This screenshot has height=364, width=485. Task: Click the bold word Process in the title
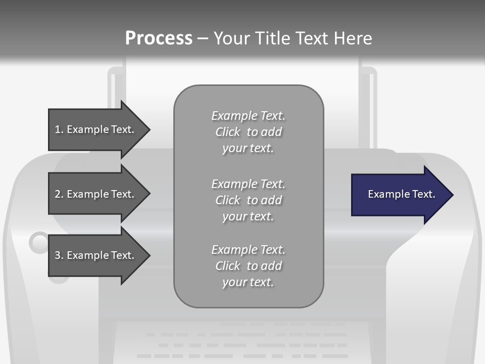click(159, 38)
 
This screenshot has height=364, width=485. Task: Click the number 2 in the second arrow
click(58, 194)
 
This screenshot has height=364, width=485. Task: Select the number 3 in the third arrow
click(58, 255)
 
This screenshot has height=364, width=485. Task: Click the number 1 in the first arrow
click(58, 129)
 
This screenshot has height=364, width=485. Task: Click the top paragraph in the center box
click(248, 132)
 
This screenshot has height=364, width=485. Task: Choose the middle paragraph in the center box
click(248, 200)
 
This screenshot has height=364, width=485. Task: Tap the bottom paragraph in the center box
click(248, 266)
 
